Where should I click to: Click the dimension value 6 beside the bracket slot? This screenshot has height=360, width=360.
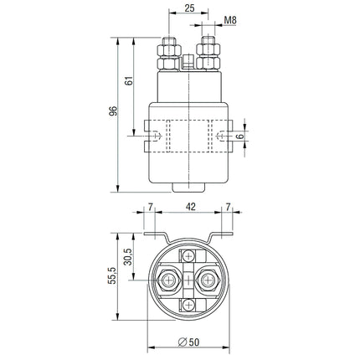pos(241,136)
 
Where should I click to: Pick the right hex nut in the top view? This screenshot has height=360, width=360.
pos(209,280)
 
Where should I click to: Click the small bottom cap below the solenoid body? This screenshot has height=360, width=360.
pos(189,188)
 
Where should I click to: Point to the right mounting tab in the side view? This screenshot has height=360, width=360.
pos(225,136)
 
